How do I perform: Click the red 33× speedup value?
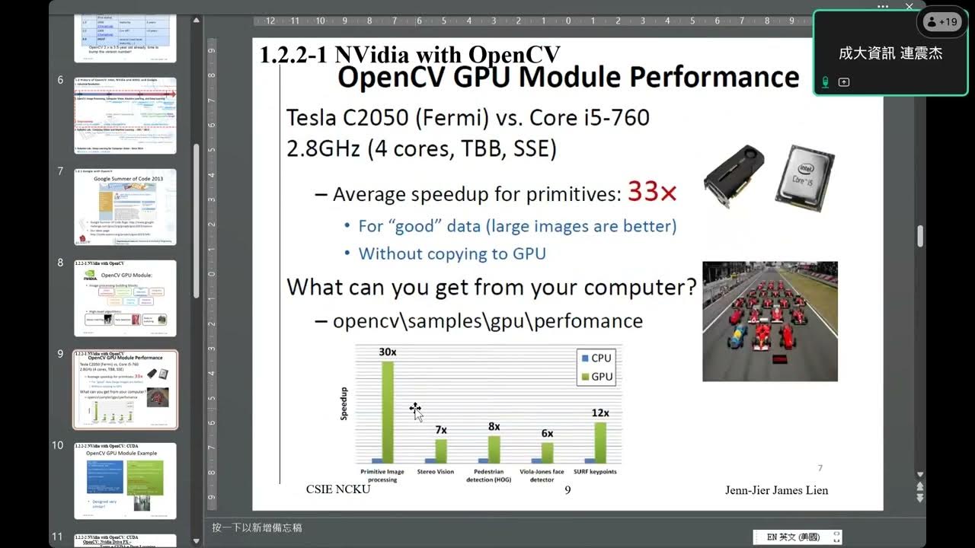(x=651, y=193)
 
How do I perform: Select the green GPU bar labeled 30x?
(x=387, y=411)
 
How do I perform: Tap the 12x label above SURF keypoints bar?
(x=600, y=413)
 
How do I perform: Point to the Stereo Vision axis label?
(x=435, y=472)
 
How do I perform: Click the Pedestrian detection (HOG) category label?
(x=488, y=476)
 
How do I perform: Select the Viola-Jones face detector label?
(x=542, y=476)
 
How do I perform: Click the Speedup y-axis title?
(x=344, y=404)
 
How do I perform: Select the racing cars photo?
(x=769, y=321)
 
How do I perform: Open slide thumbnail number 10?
(x=125, y=481)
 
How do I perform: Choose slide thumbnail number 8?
(x=125, y=298)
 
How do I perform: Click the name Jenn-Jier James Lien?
(x=776, y=490)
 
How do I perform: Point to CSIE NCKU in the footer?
(x=338, y=489)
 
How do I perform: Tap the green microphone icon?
(x=825, y=81)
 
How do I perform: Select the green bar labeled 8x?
(x=494, y=449)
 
